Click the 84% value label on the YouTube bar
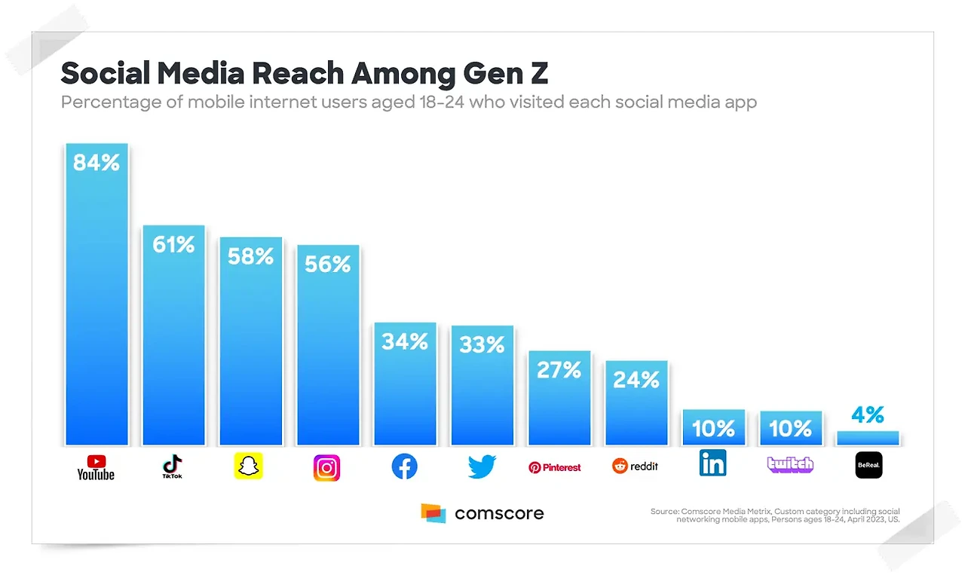tap(96, 163)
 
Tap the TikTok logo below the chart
tap(173, 467)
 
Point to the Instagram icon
tap(326, 468)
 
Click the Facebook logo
tap(405, 467)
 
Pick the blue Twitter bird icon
tap(482, 467)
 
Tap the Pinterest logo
tap(555, 467)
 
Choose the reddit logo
tap(635, 466)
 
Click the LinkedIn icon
tap(712, 463)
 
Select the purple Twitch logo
tap(790, 464)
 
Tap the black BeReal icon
tap(868, 466)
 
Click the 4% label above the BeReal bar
tap(868, 414)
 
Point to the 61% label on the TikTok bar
tap(173, 244)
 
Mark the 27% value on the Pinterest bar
tap(559, 370)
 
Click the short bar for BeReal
tap(868, 438)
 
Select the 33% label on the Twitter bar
tap(482, 345)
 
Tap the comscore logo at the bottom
tap(482, 513)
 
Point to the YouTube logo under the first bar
tap(96, 467)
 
